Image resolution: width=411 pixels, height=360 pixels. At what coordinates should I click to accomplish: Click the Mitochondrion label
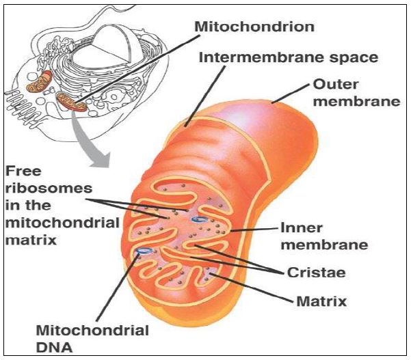pyautogui.click(x=254, y=27)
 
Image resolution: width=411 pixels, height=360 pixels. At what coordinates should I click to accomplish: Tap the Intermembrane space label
pyautogui.click(x=288, y=57)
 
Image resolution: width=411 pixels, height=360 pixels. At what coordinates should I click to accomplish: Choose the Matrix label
pyautogui.click(x=317, y=299)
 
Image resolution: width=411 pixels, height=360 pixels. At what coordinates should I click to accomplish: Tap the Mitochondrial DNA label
pyautogui.click(x=91, y=339)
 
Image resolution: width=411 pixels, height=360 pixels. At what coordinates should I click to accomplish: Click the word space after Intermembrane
pyautogui.click(x=353, y=57)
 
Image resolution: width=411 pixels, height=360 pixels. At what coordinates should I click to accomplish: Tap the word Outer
pyautogui.click(x=333, y=87)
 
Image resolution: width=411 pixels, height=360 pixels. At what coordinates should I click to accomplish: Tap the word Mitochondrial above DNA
pyautogui.click(x=91, y=331)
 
